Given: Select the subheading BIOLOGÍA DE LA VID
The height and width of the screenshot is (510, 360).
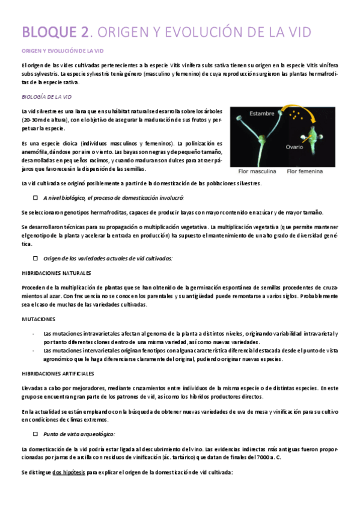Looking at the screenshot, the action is [46, 96].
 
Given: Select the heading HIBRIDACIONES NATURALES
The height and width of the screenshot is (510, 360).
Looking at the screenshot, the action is [56, 272].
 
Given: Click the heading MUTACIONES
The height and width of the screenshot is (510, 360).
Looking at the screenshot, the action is [38, 319].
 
